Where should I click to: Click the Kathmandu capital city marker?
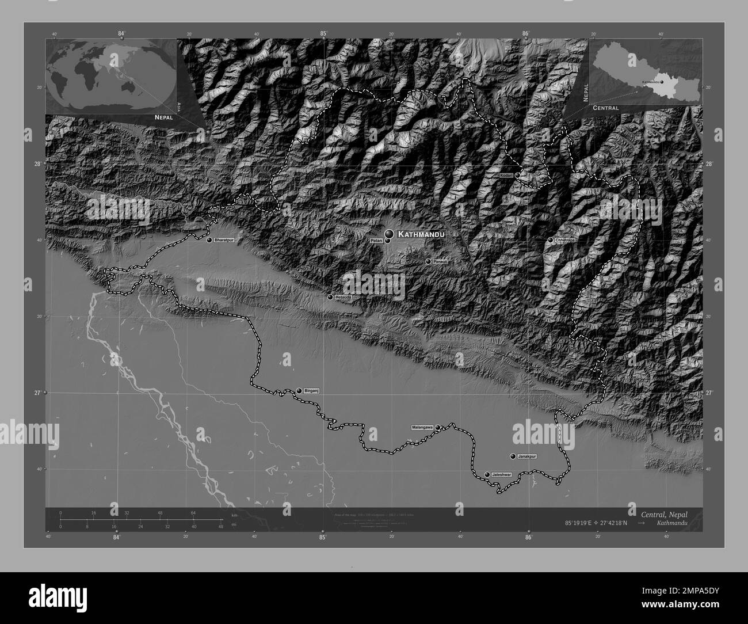point(390,233)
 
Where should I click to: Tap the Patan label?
point(376,241)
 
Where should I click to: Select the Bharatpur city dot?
point(209,239)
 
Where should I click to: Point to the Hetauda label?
point(342,297)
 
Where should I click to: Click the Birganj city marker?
point(299,391)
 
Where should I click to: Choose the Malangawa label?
point(422,428)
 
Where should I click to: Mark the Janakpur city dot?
point(513,456)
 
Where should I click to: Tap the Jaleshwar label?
point(501,474)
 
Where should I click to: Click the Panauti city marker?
point(428,261)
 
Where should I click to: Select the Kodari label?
point(506,174)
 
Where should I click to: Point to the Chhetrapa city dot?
point(551,239)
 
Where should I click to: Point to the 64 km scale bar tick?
point(194,513)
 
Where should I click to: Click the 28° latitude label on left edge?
point(37,164)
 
